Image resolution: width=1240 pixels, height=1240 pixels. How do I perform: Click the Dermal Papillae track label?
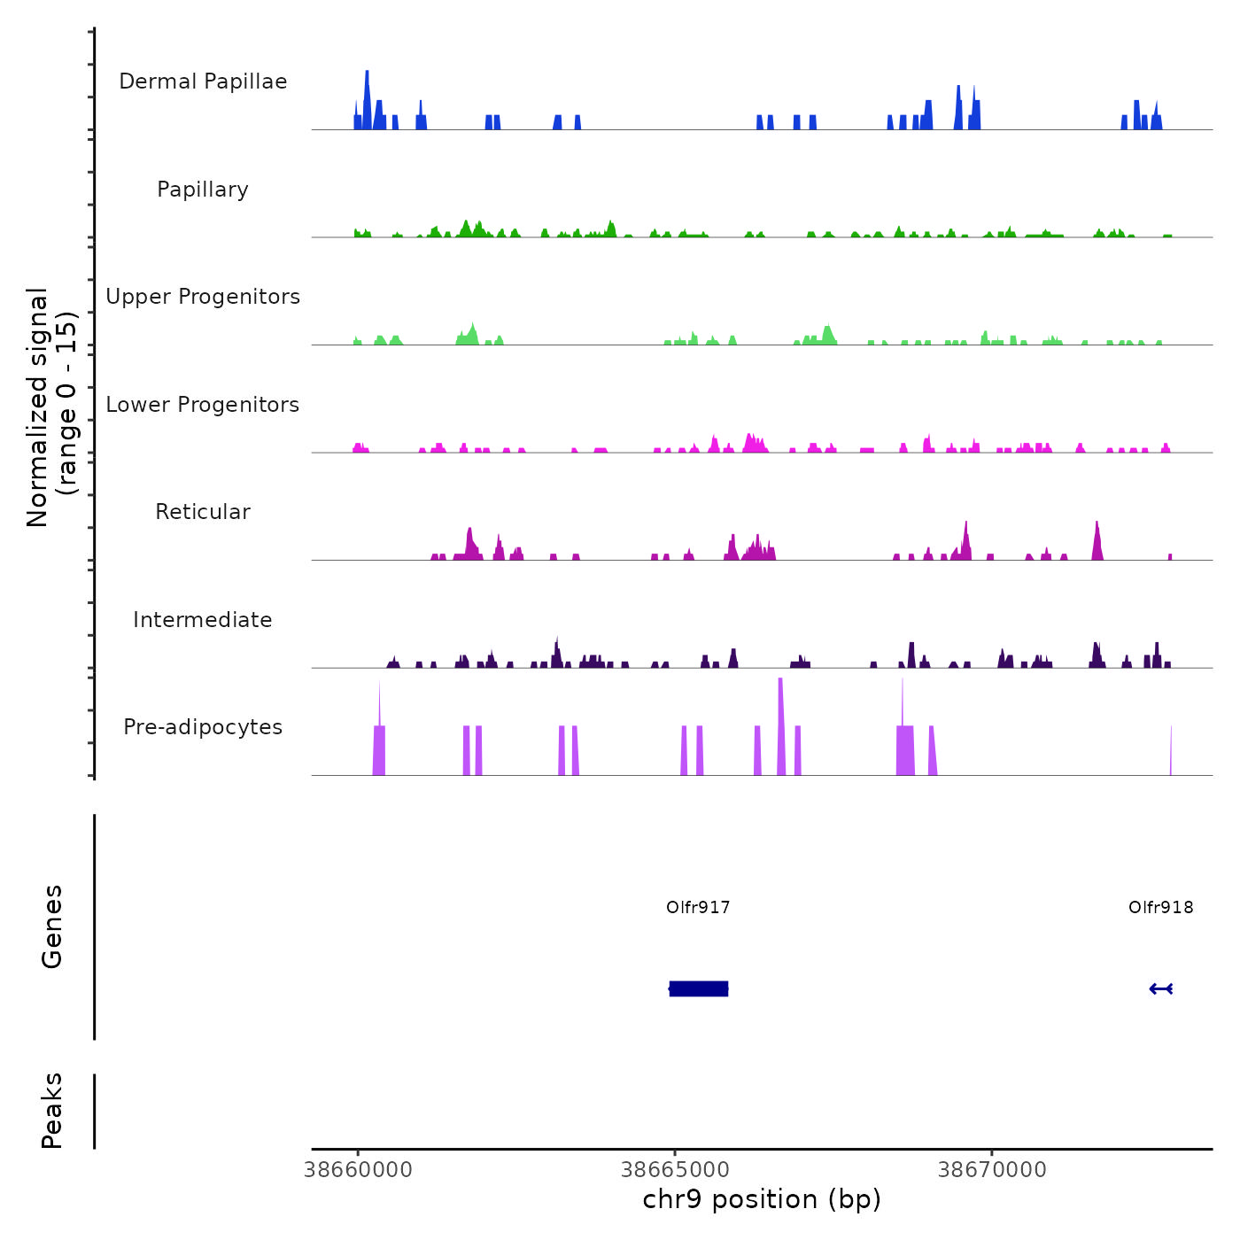(x=203, y=81)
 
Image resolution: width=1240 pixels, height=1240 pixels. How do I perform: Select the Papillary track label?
(x=203, y=190)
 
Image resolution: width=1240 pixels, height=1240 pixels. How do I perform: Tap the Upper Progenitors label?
(x=203, y=297)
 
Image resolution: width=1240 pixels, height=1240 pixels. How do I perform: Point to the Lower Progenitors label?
(x=203, y=405)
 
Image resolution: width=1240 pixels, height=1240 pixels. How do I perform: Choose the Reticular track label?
(x=203, y=512)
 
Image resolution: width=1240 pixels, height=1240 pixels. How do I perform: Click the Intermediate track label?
(x=203, y=620)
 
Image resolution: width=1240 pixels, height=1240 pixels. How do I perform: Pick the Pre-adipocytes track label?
(x=203, y=727)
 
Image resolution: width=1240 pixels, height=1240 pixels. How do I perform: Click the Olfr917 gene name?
(x=698, y=907)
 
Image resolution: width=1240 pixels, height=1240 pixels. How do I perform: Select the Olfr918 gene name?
(x=1160, y=907)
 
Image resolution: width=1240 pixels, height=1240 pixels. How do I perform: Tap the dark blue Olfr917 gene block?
(x=699, y=988)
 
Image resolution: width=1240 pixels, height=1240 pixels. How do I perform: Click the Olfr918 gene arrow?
(x=1160, y=988)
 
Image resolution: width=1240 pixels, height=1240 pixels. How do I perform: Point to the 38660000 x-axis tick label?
(x=358, y=1170)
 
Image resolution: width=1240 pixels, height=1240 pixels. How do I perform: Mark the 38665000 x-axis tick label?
(x=675, y=1170)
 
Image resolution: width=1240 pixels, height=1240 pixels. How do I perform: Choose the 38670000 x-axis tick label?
(x=992, y=1170)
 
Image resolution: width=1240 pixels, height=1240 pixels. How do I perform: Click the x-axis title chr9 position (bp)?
(x=762, y=1199)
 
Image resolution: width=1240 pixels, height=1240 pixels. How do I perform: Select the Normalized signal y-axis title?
(x=51, y=407)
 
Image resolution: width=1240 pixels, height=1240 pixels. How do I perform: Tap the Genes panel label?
(x=52, y=926)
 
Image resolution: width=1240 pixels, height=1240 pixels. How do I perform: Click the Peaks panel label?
(x=52, y=1111)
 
